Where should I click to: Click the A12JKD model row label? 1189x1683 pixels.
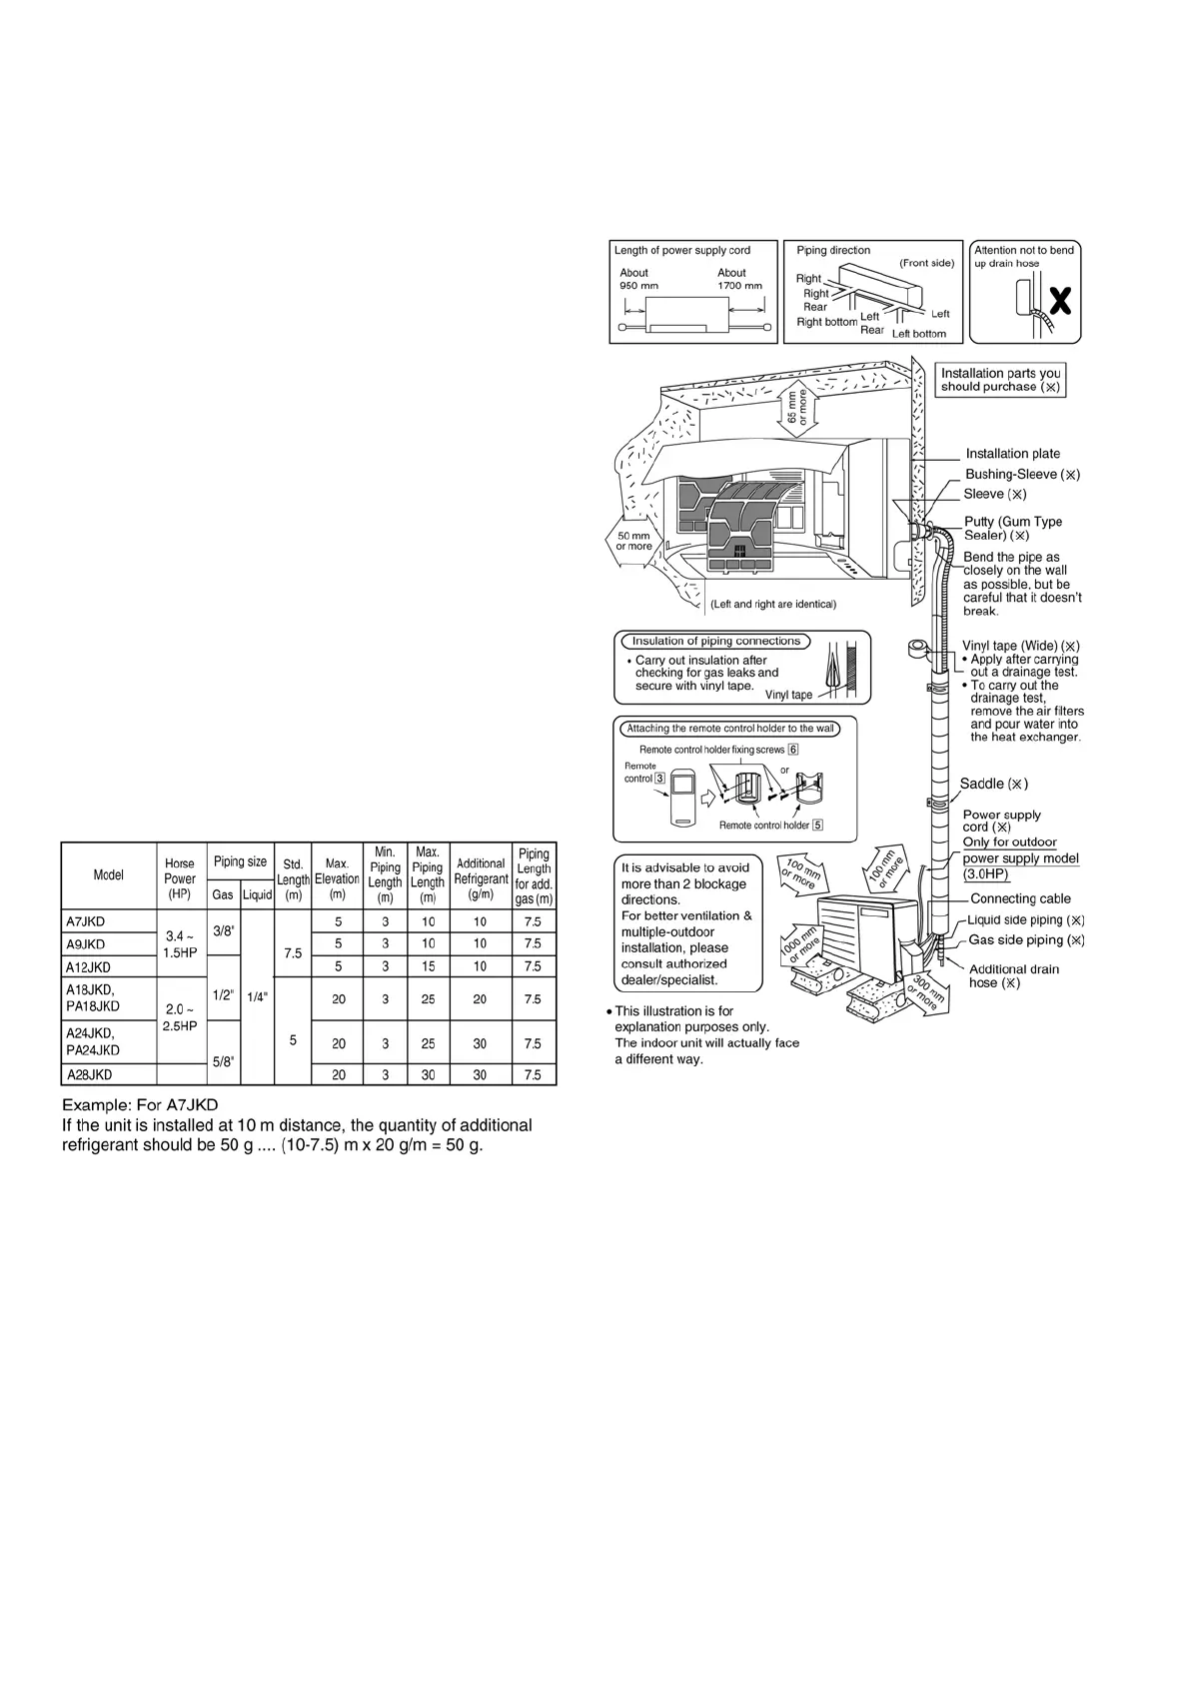[x=88, y=966]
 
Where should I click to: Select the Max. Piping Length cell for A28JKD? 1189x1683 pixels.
[x=428, y=1074]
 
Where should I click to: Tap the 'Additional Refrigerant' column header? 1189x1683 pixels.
[x=481, y=870]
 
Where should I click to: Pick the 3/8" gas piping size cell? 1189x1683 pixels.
[x=224, y=930]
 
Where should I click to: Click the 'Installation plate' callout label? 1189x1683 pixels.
[x=1012, y=454]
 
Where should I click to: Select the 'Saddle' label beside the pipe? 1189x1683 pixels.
[x=993, y=784]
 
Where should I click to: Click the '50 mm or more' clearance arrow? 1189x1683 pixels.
[x=633, y=542]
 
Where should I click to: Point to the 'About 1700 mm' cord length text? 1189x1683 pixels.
[x=738, y=279]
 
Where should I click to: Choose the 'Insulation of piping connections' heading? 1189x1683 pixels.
[x=715, y=641]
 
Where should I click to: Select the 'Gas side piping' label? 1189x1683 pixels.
[x=1025, y=940]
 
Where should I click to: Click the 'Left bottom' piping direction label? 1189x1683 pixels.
[x=918, y=334]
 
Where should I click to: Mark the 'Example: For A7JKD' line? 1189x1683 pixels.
[x=140, y=1104]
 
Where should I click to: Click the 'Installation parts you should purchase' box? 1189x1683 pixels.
[x=1000, y=380]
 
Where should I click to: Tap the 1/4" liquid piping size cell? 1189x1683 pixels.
[x=257, y=996]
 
